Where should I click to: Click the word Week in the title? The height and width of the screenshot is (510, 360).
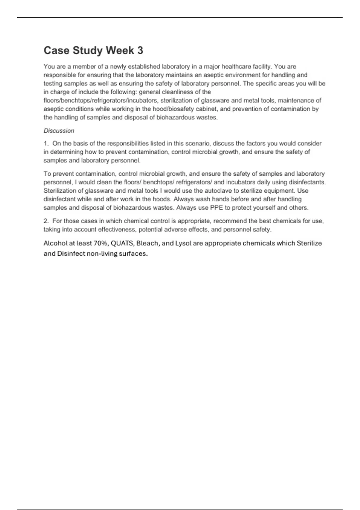(120, 50)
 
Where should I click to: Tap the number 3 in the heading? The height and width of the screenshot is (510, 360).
(140, 50)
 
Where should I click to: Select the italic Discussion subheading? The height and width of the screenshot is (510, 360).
(59, 131)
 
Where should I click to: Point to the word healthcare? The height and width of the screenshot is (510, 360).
(238, 67)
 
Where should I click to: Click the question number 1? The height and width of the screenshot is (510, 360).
(46, 143)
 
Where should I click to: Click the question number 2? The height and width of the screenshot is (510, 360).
(46, 221)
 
